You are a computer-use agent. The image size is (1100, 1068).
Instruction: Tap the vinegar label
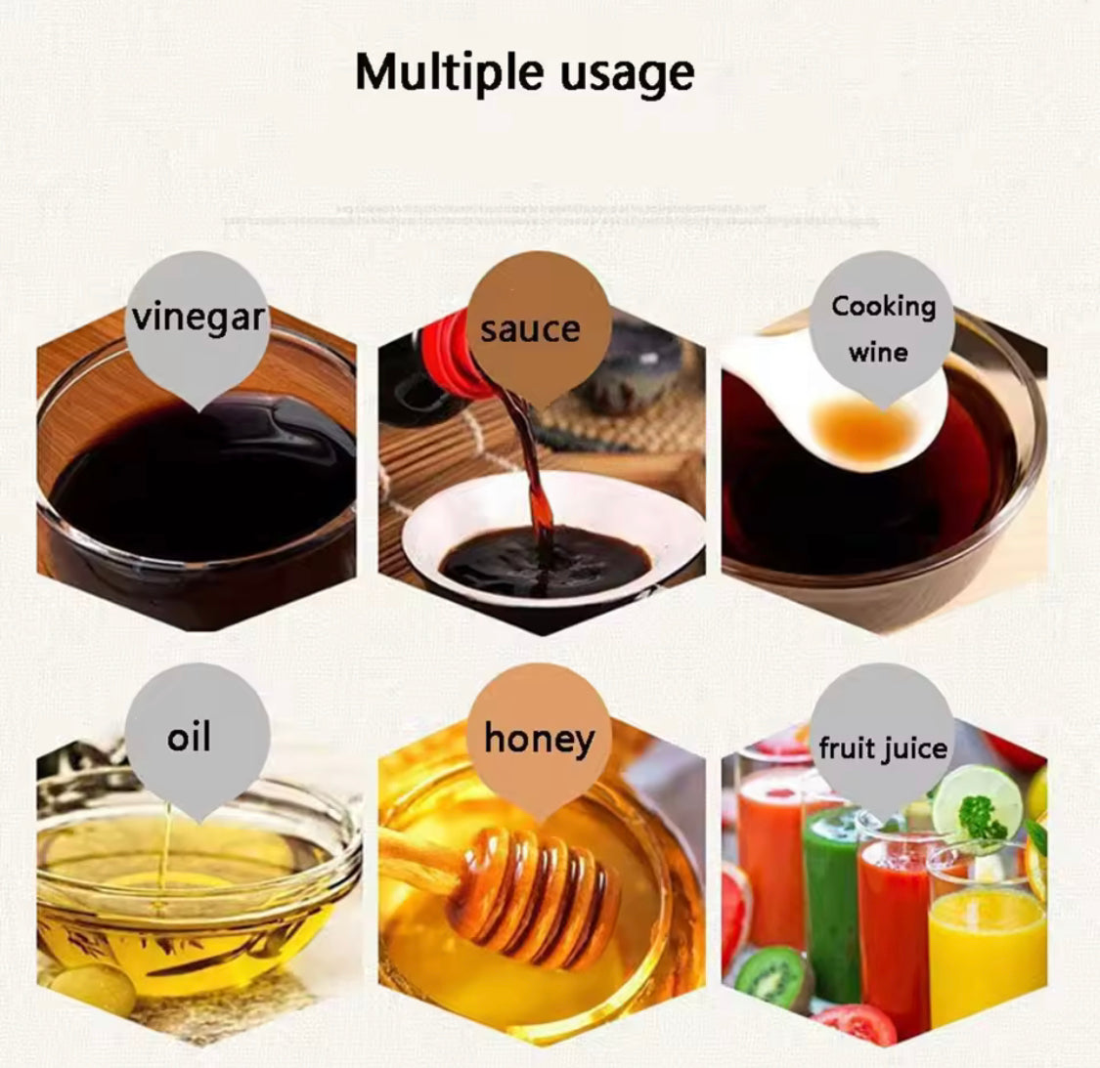[198, 318]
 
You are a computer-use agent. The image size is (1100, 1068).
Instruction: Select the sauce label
[530, 328]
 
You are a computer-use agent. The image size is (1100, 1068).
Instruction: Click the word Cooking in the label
[883, 306]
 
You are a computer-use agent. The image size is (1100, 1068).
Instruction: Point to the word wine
[878, 352]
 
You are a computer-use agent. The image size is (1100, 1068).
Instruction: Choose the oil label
[189, 737]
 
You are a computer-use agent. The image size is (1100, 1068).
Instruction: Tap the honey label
[539, 738]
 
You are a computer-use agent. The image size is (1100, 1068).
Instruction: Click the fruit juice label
[883, 748]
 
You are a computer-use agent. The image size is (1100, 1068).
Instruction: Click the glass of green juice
[832, 899]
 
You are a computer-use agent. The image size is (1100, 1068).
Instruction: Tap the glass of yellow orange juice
[986, 953]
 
